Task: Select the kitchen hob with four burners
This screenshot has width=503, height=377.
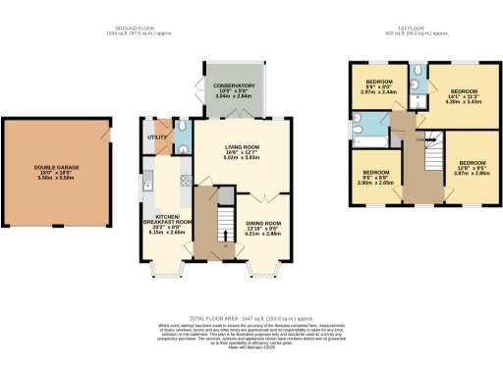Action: coord(187,179)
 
